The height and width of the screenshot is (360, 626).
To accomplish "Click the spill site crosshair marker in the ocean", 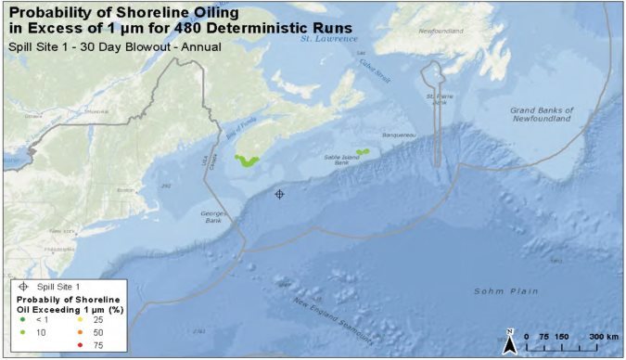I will (x=279, y=194).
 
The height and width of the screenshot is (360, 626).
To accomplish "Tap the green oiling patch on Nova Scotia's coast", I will (x=247, y=161).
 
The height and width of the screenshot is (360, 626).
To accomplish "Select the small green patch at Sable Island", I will (x=363, y=151).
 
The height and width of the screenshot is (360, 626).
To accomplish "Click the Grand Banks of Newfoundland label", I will (x=543, y=115).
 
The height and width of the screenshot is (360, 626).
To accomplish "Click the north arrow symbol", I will (x=510, y=341).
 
